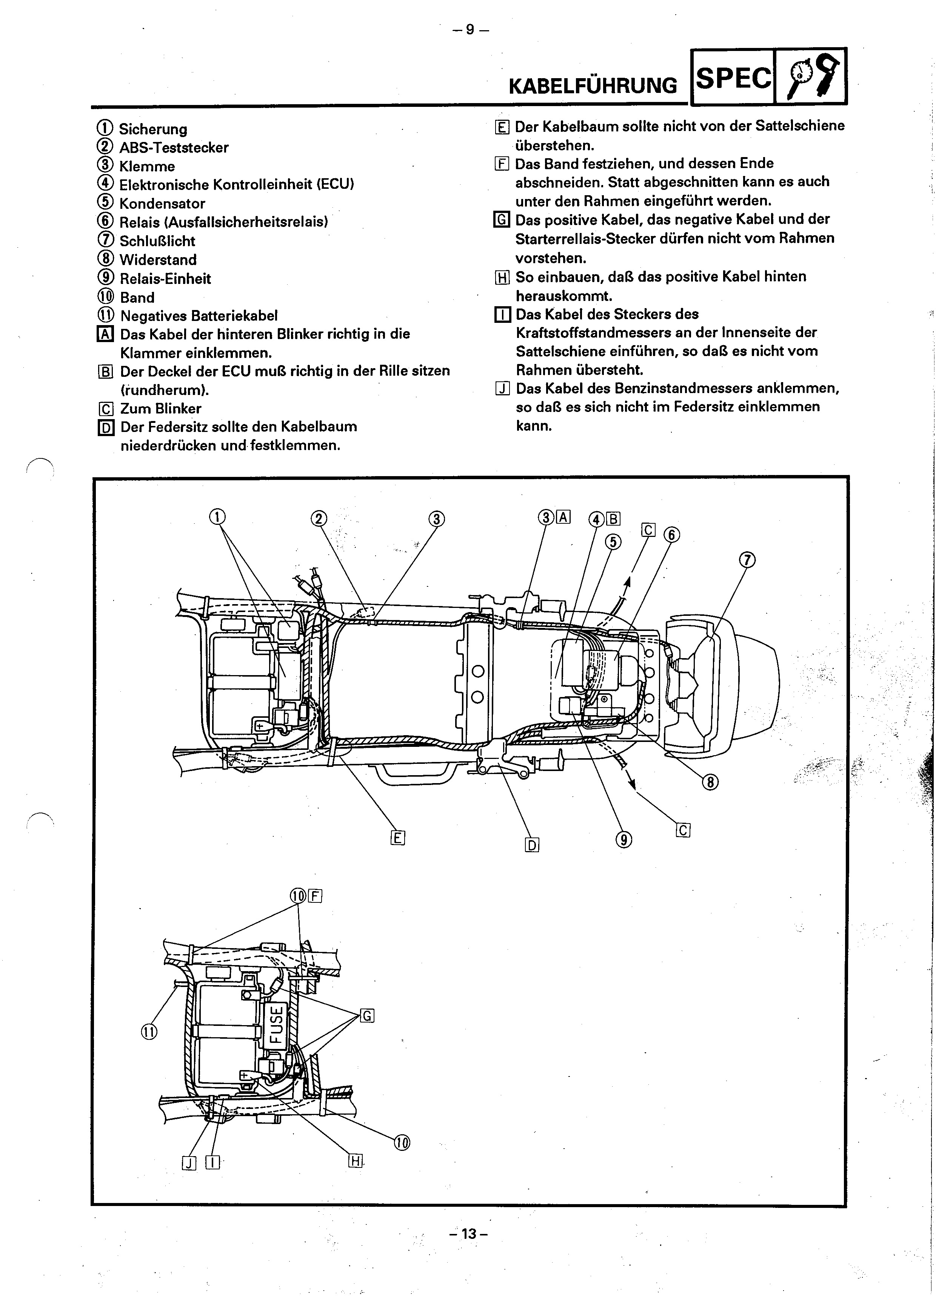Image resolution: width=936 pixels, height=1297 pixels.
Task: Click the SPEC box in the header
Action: tap(733, 77)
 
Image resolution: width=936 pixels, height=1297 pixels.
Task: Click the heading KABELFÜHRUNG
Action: tap(593, 86)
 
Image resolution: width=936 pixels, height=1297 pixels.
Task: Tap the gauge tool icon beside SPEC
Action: tap(811, 77)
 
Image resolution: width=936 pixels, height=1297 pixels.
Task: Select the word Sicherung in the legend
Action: tap(152, 129)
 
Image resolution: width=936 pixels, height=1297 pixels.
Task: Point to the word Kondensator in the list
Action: tap(162, 204)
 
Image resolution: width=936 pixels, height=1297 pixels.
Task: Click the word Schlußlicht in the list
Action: tap(157, 241)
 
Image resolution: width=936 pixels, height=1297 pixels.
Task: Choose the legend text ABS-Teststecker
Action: tap(174, 148)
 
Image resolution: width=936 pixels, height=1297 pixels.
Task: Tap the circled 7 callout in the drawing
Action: tap(747, 560)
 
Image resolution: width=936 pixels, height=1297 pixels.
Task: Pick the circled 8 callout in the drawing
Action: tap(710, 782)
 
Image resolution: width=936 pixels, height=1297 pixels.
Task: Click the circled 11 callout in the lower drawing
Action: tap(149, 1032)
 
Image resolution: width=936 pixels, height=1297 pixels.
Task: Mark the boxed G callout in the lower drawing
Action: tap(367, 1016)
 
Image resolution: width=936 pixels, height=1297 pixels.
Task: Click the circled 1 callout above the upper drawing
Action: tap(217, 517)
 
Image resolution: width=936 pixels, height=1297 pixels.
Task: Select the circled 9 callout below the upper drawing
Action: tap(624, 839)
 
